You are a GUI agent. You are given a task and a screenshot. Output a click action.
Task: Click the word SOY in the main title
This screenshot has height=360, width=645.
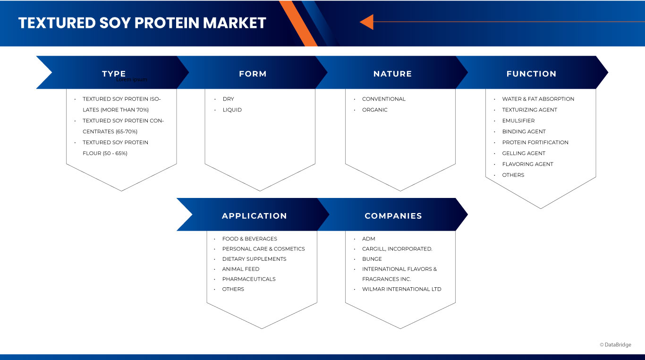point(114,23)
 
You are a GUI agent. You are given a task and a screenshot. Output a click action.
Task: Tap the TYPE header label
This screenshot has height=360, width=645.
point(114,73)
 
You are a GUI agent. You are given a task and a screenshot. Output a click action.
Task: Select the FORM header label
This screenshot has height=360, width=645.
point(253,74)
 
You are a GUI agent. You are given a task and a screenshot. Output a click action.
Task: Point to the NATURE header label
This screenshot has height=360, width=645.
point(392,74)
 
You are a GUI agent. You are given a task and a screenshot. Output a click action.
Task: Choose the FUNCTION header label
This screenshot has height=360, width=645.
point(531,74)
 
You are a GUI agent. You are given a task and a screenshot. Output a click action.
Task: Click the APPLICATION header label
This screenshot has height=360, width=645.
point(254,216)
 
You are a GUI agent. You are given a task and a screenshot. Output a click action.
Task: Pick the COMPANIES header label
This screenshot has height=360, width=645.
point(393,216)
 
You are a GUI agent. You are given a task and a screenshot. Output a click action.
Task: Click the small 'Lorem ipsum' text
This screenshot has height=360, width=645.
point(132,79)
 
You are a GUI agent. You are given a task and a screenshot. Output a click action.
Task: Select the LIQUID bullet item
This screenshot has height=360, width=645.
point(232,110)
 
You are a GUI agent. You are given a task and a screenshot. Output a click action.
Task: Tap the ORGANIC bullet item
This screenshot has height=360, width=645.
point(374,110)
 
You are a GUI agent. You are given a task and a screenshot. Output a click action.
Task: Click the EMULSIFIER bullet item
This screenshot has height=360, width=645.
point(518,120)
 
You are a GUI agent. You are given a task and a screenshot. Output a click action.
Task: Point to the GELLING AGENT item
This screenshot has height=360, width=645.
point(524,153)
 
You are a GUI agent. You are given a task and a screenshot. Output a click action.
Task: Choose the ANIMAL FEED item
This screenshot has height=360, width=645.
point(241,269)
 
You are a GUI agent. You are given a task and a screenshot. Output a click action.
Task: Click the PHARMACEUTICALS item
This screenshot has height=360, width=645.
point(249,279)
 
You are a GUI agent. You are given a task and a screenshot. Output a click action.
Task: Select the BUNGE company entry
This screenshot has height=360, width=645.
point(372,259)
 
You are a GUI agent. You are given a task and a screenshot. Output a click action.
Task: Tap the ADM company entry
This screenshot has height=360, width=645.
point(369,239)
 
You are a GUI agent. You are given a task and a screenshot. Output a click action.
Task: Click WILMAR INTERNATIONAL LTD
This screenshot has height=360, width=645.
point(401,289)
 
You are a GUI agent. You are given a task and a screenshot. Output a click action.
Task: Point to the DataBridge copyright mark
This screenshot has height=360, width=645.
point(615,345)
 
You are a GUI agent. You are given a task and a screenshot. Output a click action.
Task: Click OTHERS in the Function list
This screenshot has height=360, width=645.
point(513,175)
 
